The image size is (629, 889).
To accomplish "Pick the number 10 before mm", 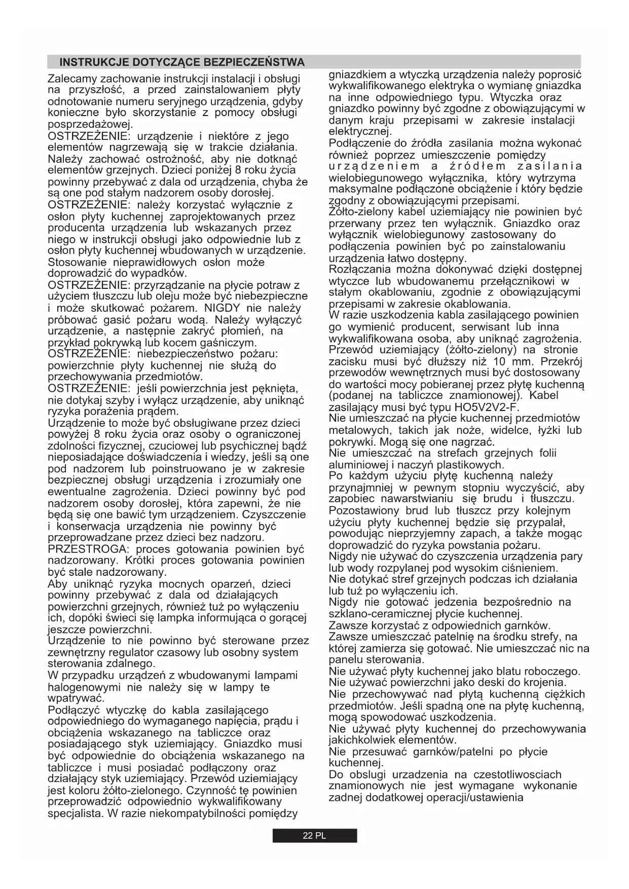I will pos(499,361).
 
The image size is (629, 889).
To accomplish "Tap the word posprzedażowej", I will pos(90,125).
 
